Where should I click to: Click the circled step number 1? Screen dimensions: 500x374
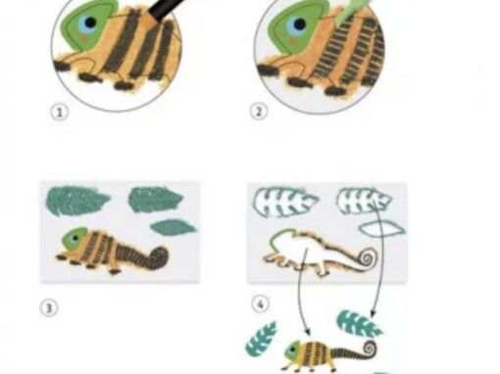point(60,113)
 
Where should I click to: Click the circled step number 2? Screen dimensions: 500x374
point(259,112)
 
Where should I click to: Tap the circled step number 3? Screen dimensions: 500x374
point(49,308)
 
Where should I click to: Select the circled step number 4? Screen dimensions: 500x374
point(261,304)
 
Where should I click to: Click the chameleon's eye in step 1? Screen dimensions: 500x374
point(87,23)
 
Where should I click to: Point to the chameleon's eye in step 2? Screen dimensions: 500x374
point(297,24)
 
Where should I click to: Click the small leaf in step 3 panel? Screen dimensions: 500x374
point(174,227)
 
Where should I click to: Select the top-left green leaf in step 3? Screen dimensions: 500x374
point(77,200)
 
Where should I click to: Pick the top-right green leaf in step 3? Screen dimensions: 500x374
point(156,199)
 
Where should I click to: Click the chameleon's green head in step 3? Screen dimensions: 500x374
point(75,239)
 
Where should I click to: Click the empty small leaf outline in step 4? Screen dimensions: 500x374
point(381,229)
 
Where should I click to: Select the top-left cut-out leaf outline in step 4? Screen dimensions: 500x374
point(285,202)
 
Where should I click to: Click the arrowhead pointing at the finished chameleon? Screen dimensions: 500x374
point(307,332)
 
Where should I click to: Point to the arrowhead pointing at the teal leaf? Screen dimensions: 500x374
point(373,313)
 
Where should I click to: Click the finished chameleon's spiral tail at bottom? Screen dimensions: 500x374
point(368,350)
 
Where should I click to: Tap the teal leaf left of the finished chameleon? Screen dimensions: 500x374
point(261,339)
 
